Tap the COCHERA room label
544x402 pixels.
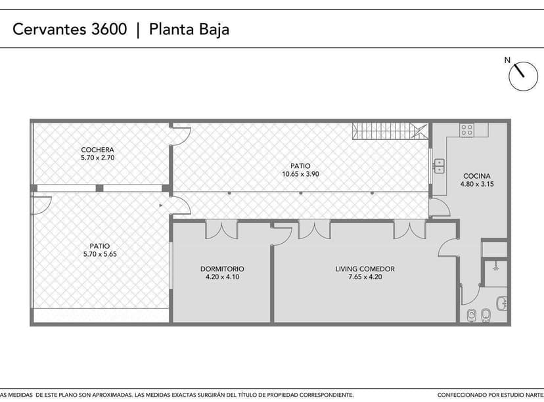pos(97,149)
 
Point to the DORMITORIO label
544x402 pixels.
pos(222,269)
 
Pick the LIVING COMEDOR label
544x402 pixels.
pos(365,269)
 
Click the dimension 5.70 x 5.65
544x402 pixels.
pos(99,254)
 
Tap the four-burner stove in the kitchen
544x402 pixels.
pos(467,130)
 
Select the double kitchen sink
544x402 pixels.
pos(438,166)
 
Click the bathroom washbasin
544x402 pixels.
pos(501,303)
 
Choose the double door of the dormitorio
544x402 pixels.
pos(221,229)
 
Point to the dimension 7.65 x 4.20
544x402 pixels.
pos(365,277)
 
